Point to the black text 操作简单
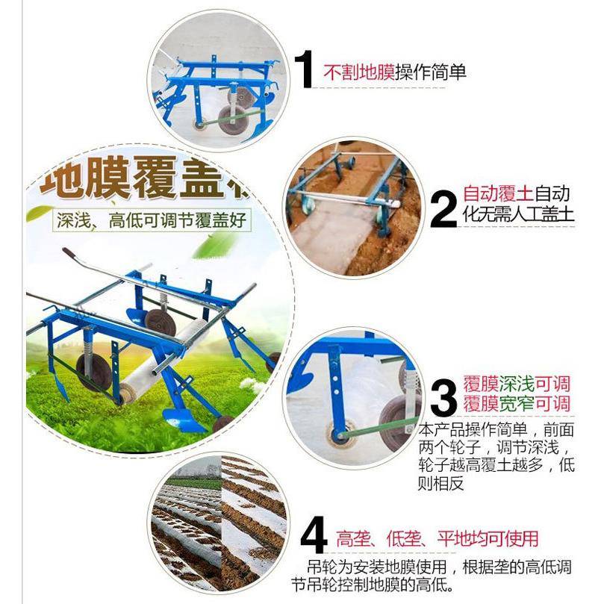tap(431, 72)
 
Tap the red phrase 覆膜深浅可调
tap(516, 385)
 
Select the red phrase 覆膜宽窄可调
tap(516, 405)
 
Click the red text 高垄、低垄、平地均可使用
tap(437, 538)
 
